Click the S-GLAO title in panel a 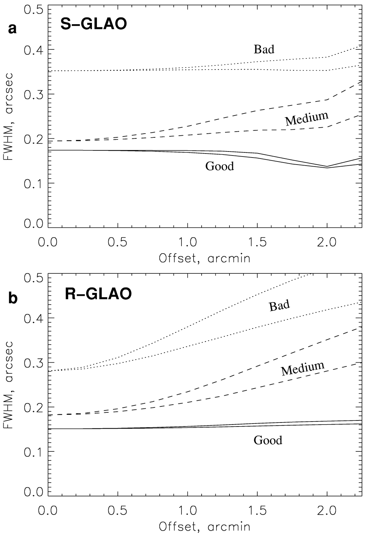94,25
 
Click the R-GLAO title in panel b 98,294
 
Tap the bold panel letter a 12,29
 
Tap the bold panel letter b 13,298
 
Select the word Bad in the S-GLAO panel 264,49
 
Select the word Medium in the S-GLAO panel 306,118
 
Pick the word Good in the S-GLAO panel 219,166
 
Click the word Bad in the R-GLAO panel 279,306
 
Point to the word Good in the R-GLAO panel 268,440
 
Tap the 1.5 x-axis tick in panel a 257,242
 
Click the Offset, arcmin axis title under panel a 205,258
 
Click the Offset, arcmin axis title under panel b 205,526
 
